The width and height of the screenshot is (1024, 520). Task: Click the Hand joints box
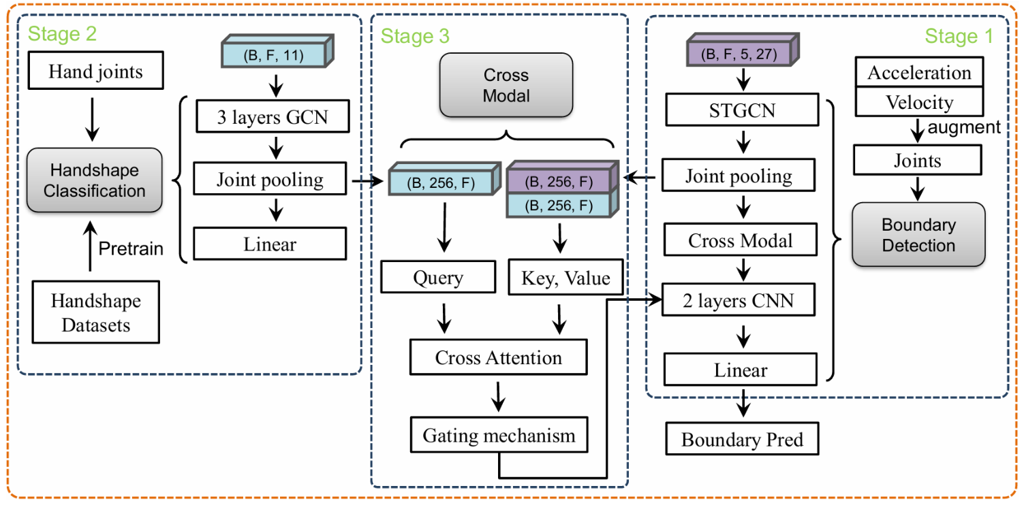[x=95, y=72]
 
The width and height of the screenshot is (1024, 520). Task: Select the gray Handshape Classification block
[x=95, y=180]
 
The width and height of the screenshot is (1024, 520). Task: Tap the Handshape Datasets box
[x=95, y=312]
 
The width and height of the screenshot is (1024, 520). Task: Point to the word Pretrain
[x=131, y=248]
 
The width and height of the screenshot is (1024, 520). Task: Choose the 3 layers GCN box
[x=270, y=116]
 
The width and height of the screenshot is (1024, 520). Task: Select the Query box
[x=437, y=277]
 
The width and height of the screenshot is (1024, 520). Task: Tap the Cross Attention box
[x=498, y=358]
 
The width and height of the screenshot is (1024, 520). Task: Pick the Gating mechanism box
[x=499, y=435]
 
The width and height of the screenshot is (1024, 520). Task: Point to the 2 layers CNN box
[x=740, y=299]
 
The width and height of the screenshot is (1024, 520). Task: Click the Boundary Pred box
[x=741, y=439]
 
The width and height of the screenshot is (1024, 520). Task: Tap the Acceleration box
[x=918, y=73]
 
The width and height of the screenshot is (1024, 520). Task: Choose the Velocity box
[x=918, y=102]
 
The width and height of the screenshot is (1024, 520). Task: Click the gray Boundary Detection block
[x=918, y=234]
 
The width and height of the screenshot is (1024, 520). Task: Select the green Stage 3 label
[x=415, y=35]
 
